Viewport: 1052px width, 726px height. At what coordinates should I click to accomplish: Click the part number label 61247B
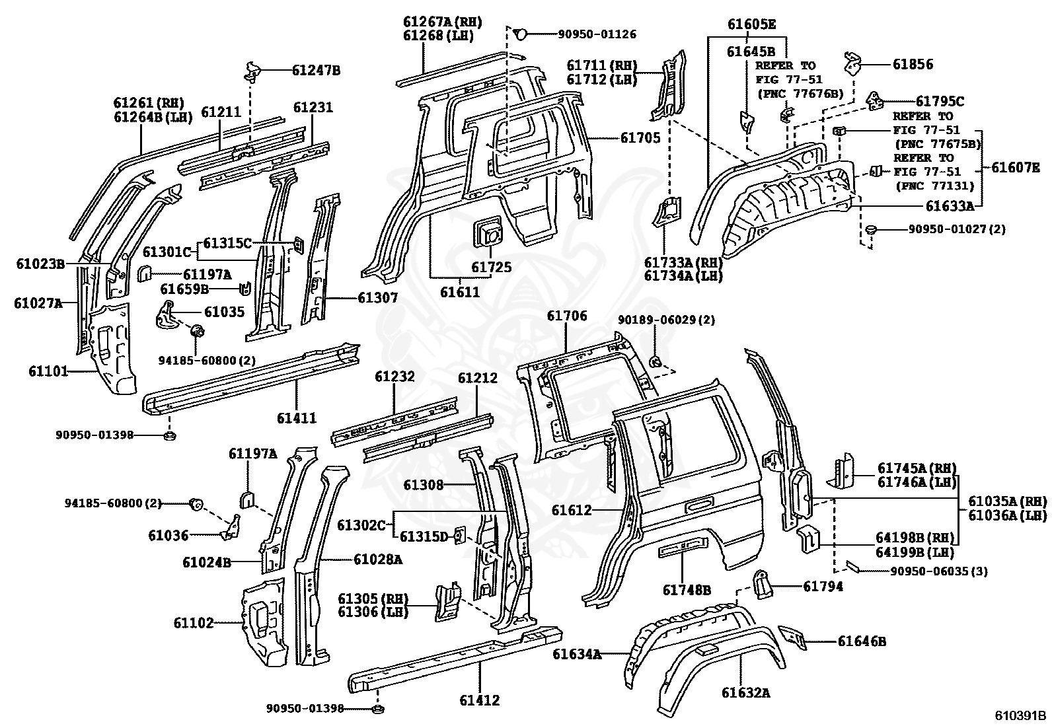pos(316,69)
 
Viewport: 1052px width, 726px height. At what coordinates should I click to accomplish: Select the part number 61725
pos(491,267)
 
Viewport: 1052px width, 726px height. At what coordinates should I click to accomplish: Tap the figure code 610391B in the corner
pos(1020,715)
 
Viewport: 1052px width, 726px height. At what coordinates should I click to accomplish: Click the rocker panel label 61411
pos(297,417)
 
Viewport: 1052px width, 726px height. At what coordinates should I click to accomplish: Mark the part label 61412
pos(480,700)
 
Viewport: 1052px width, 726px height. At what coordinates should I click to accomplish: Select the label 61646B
pos(862,641)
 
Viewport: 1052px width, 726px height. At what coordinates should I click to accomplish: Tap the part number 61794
pos(823,586)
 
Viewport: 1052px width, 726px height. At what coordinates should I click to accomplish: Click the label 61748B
pos(687,591)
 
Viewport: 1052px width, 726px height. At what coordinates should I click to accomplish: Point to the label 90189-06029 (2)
pos(666,320)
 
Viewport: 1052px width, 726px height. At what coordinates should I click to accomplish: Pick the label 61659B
pos(184,289)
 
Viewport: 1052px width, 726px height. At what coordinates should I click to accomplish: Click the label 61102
pos(194,622)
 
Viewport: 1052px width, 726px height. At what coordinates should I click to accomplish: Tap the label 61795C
pos(939,101)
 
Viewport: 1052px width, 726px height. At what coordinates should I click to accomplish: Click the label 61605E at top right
pos(751,25)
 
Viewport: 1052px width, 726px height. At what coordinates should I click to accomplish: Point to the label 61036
pos(169,535)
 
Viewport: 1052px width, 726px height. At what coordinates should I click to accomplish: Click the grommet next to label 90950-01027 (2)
pos(871,229)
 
